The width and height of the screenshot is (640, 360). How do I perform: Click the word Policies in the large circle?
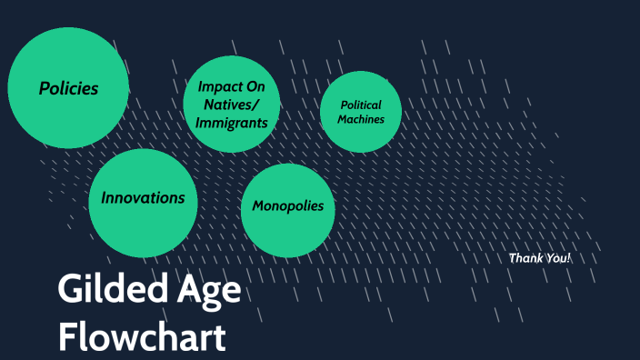[69, 88]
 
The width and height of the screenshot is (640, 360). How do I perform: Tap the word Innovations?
[143, 197]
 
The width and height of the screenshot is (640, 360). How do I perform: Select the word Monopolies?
[287, 205]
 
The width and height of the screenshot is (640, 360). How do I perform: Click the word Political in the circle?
[360, 105]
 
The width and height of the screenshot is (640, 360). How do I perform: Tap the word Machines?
[360, 119]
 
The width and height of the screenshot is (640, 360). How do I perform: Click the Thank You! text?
[539, 258]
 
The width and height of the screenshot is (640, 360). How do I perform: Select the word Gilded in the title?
[98, 290]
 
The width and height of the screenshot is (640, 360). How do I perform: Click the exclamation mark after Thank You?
[568, 258]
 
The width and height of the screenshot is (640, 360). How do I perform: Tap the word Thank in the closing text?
[525, 258]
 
